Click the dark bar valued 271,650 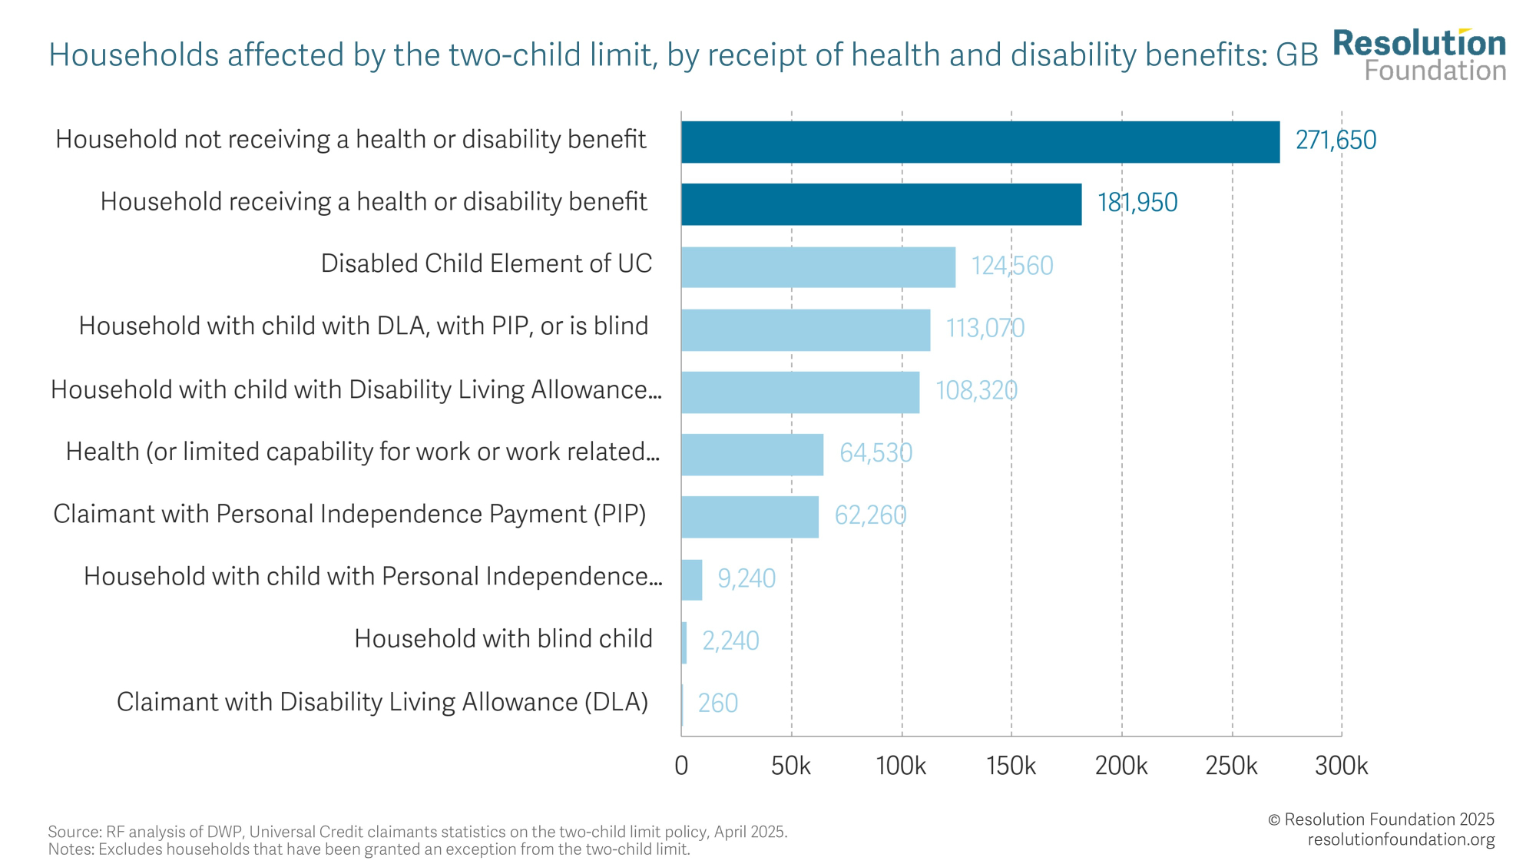(980, 142)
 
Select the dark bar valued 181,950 (881, 204)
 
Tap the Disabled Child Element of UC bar (818, 267)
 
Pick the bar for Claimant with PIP (750, 517)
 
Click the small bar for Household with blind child (684, 643)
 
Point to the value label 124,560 (1011, 266)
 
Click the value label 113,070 (985, 329)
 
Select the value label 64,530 (876, 453)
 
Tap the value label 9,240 (746, 578)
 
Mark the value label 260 (717, 703)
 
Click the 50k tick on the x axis (791, 766)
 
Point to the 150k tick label (1011, 766)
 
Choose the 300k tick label (1341, 766)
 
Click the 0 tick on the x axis (681, 766)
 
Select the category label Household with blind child (503, 639)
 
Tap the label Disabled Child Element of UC (486, 263)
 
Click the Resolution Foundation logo (1419, 55)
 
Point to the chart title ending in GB (683, 55)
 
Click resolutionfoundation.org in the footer (1401, 839)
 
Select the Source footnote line (417, 832)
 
